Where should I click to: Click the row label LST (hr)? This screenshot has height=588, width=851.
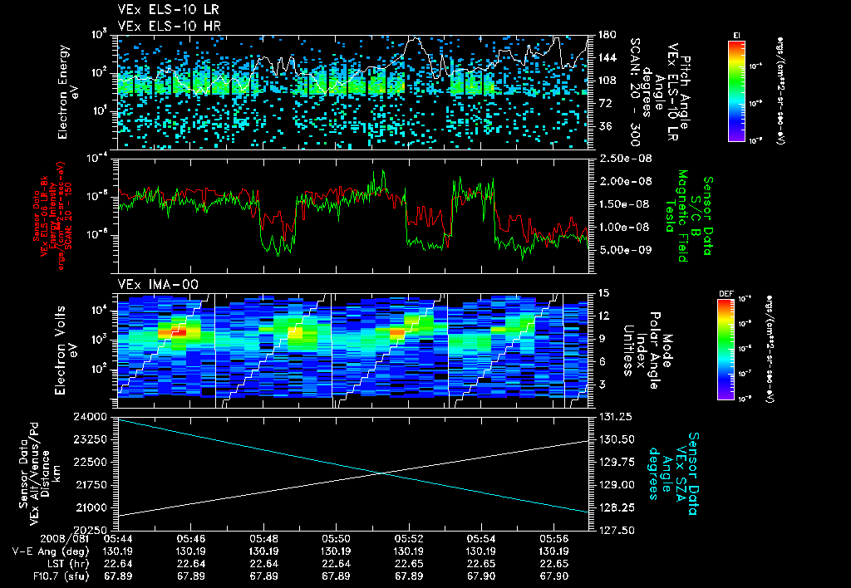click(51, 562)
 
